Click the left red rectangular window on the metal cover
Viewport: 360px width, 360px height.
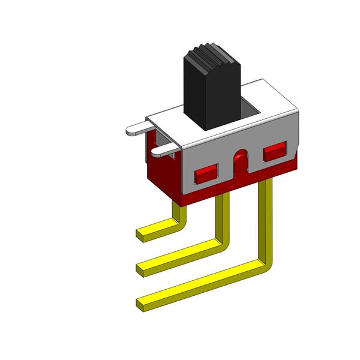(x=205, y=175)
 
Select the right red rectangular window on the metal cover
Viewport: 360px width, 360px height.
(x=275, y=152)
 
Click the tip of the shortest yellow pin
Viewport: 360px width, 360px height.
(x=142, y=234)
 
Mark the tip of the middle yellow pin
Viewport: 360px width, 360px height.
(x=142, y=266)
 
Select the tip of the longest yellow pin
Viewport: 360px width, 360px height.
(x=142, y=304)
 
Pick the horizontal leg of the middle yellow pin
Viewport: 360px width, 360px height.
(x=180, y=254)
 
